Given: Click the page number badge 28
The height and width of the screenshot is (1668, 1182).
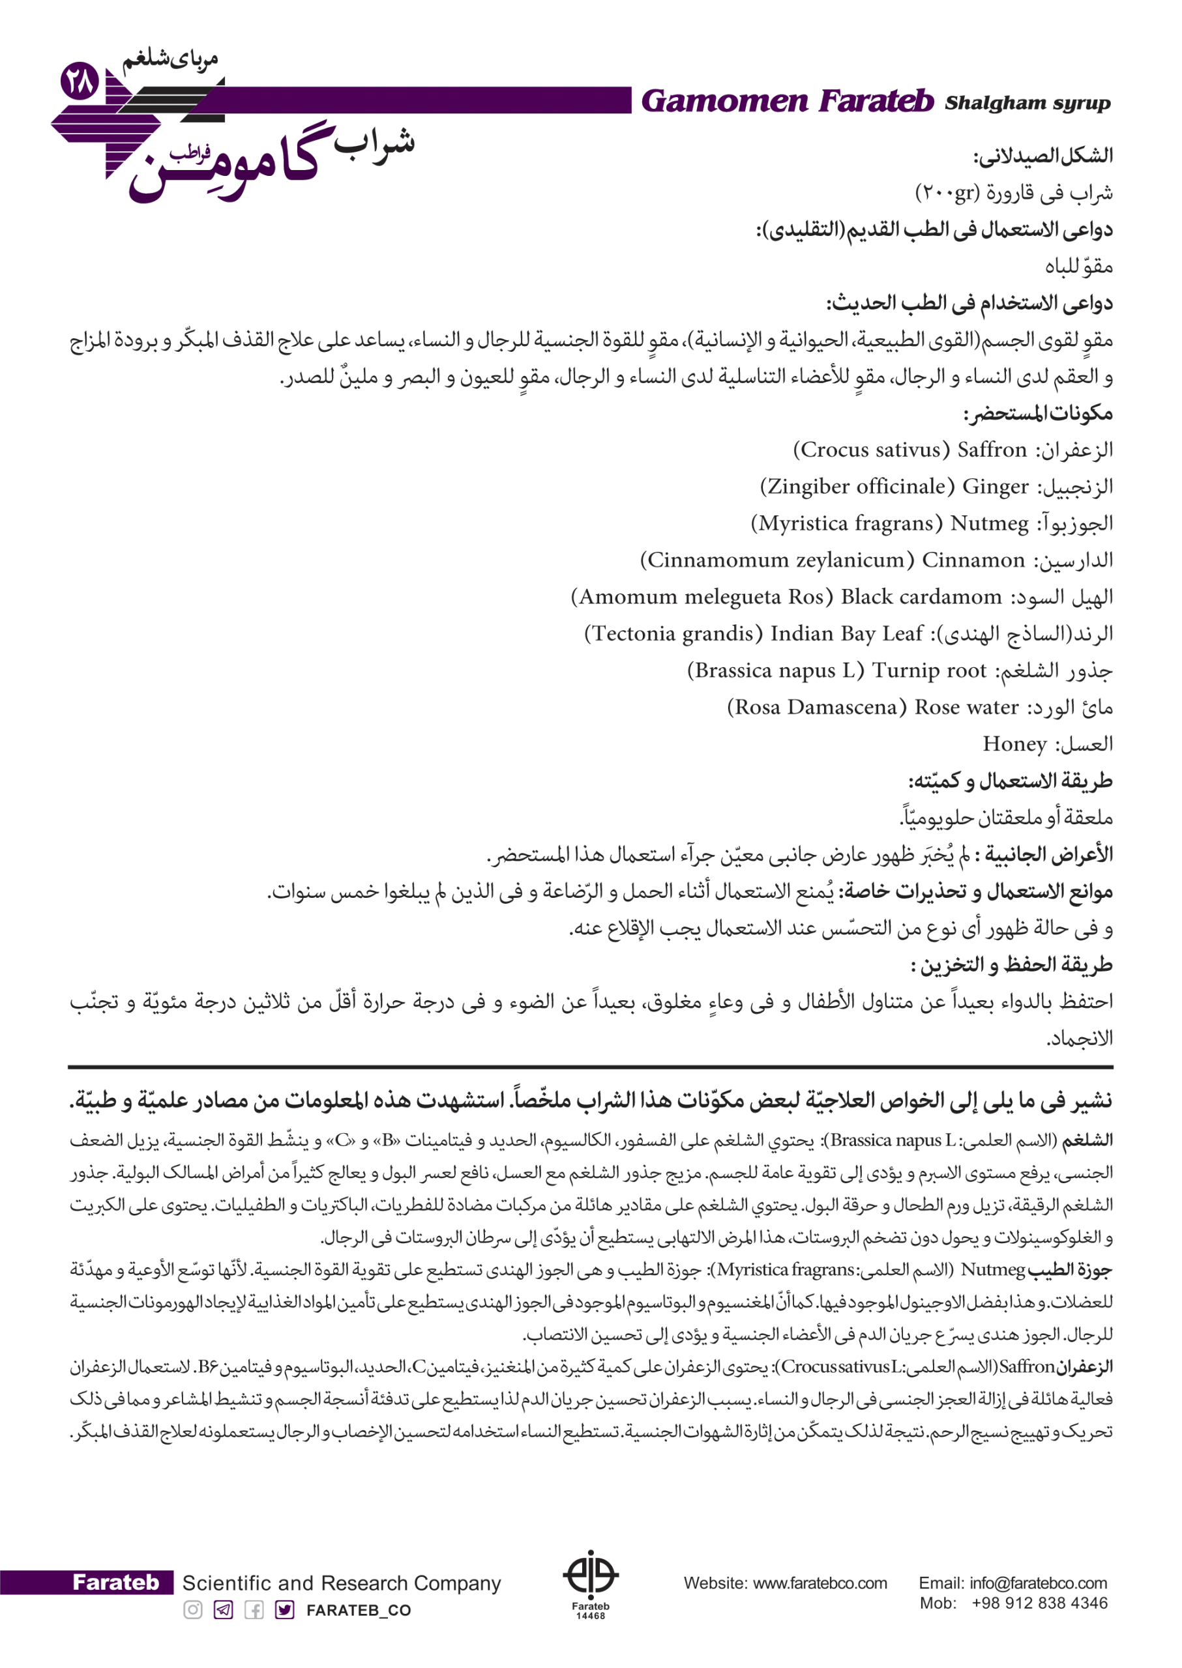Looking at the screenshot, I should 80,81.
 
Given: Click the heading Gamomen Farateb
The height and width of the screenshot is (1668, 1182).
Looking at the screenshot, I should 787,101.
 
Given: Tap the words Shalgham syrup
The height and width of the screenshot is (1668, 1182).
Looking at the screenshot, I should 1027,104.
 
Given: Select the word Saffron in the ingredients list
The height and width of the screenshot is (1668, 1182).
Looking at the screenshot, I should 992,450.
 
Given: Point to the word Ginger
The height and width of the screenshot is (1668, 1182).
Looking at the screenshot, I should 996,487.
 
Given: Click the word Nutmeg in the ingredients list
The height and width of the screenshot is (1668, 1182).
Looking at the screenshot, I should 989,524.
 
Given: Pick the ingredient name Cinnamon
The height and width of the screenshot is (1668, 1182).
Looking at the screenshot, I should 973,560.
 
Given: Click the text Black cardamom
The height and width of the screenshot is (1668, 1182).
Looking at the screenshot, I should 921,597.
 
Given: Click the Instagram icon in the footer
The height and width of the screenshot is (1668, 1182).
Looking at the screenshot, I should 193,1610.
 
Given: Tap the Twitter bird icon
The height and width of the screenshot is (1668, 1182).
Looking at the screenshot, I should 285,1610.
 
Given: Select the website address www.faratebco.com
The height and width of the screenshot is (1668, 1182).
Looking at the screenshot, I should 820,1583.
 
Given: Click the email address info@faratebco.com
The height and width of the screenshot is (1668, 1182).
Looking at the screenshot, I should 1038,1583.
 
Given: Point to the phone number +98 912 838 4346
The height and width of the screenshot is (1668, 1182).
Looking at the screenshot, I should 1039,1603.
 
